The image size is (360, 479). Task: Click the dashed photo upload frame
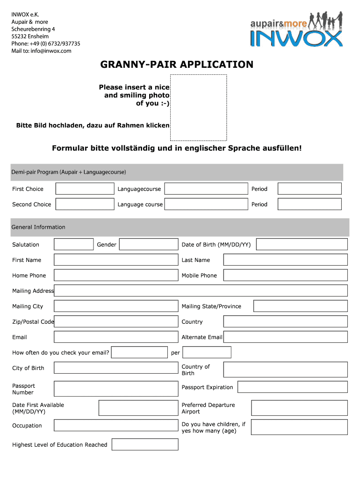198,108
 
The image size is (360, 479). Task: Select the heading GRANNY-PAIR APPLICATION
177,65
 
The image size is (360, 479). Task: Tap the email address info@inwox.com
51,51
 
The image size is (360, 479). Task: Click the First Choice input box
85,189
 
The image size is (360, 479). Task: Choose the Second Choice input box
85,204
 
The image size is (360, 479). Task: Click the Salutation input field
73,245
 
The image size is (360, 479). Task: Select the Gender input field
148,245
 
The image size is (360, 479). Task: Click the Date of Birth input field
302,245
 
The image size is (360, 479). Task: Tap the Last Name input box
285,260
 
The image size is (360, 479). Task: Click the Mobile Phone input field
285,276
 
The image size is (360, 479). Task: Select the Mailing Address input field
201,291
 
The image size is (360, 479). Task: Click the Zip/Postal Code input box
116,322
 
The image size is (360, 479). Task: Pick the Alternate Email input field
285,337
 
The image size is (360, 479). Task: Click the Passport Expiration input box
292,387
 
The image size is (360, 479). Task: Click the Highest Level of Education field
145,445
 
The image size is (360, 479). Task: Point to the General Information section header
180,227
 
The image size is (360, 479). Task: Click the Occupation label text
27,426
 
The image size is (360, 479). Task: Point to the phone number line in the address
46,44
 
